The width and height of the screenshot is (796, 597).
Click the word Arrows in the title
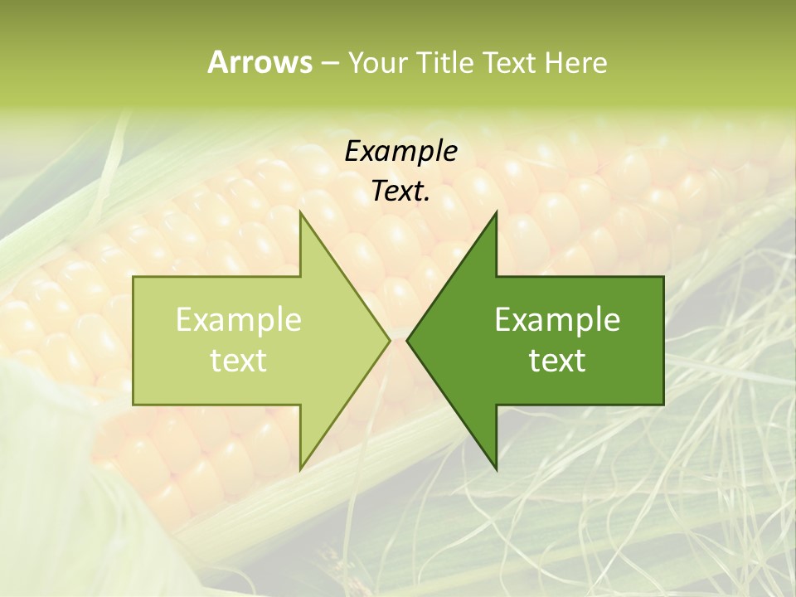pos(259,62)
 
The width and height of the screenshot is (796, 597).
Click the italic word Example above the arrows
pos(400,152)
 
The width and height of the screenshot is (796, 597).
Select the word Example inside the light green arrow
pos(238,320)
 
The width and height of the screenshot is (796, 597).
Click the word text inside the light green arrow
pos(238,361)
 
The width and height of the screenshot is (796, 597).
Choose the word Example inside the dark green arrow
pos(557,320)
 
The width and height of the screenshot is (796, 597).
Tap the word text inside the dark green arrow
pos(557,361)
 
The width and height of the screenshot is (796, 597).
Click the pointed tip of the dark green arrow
pos(408,340)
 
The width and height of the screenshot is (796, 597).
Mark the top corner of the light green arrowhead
pos(300,212)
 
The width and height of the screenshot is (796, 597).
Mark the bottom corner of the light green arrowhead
pos(300,468)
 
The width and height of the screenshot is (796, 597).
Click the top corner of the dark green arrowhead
pos(496,212)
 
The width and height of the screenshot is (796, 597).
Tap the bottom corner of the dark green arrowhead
pos(496,468)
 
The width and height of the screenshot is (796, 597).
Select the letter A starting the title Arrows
pos(217,62)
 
